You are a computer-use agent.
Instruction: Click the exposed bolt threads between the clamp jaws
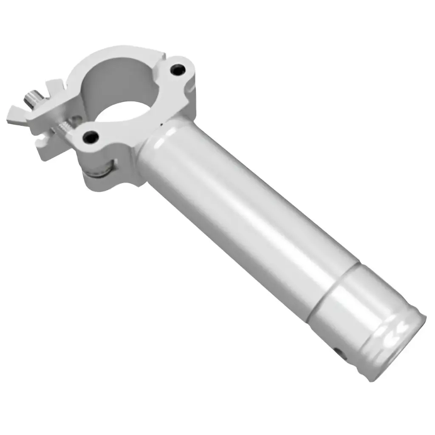click(64, 125)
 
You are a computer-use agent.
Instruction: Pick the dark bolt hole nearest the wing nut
click(90, 137)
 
